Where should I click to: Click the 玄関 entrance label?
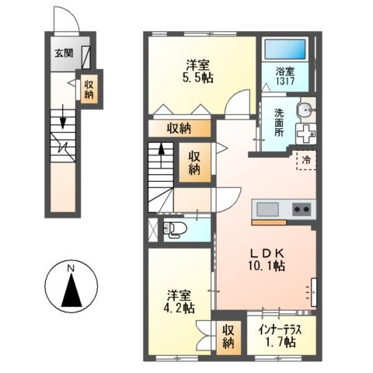(x=63, y=54)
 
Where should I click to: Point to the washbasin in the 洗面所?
(x=305, y=108)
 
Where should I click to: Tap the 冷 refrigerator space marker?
(x=306, y=161)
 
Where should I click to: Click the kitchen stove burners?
(x=301, y=209)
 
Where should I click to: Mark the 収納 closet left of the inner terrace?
(x=229, y=335)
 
